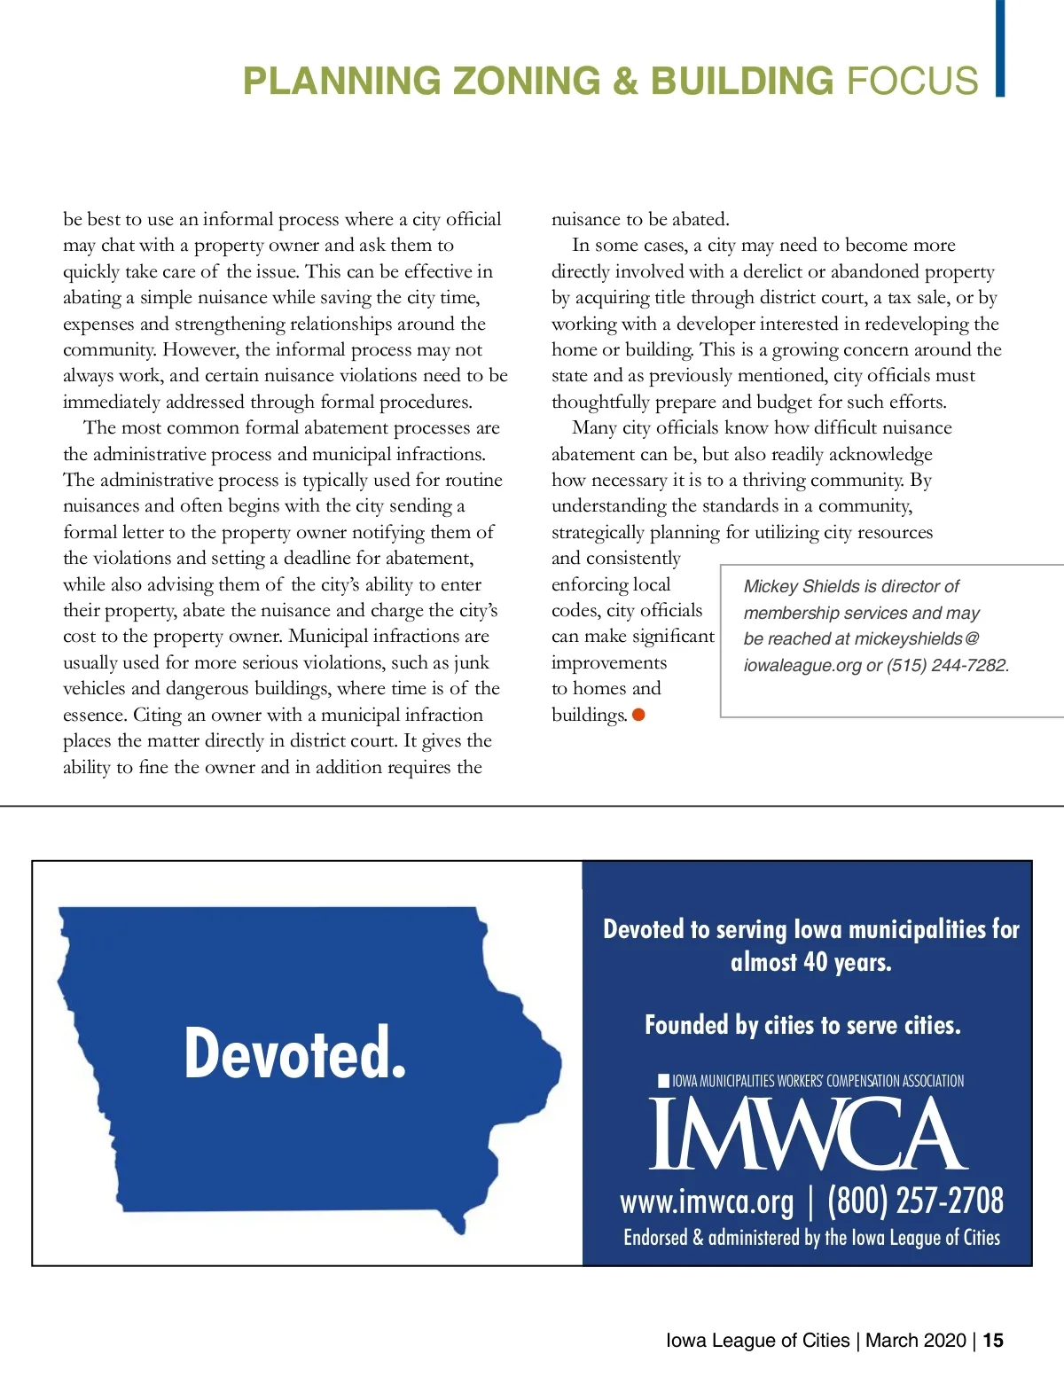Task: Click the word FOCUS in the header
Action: pyautogui.click(x=912, y=81)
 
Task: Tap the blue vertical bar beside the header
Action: pyautogui.click(x=1000, y=48)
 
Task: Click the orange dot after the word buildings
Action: pyautogui.click(x=638, y=715)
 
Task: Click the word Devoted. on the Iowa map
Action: pyautogui.click(x=295, y=1052)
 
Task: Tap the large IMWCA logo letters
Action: pyautogui.click(x=808, y=1134)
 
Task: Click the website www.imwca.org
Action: pyautogui.click(x=707, y=1202)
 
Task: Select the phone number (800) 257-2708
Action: pyautogui.click(x=915, y=1201)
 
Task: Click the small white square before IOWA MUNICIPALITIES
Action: pyautogui.click(x=663, y=1080)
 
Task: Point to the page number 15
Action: pyautogui.click(x=993, y=1341)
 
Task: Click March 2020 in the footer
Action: pyautogui.click(x=915, y=1341)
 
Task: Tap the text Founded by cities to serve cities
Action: pyautogui.click(x=802, y=1026)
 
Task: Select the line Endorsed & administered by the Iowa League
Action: pyautogui.click(x=811, y=1238)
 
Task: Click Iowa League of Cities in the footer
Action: pyautogui.click(x=757, y=1341)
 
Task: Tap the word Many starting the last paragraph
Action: pyautogui.click(x=594, y=428)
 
